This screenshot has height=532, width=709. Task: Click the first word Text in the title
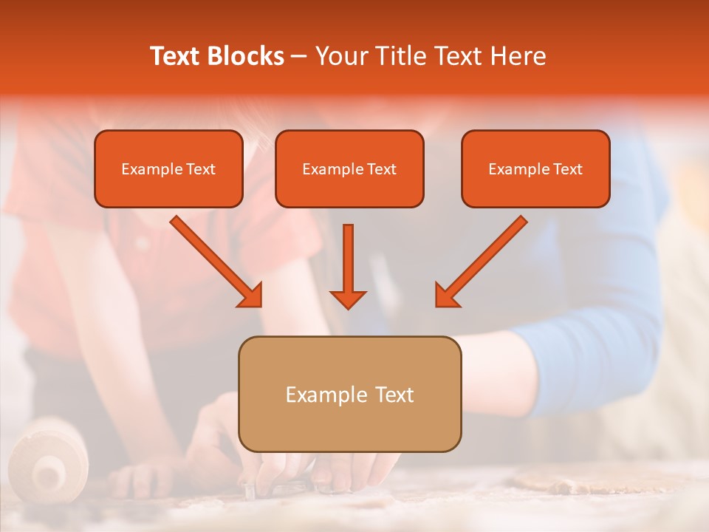(177, 56)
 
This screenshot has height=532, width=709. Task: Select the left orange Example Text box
(168, 168)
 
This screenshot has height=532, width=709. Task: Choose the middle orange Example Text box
(349, 168)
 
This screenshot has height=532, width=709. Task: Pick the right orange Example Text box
(535, 168)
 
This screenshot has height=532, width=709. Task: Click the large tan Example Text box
(349, 394)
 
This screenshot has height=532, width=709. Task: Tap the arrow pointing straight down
(348, 266)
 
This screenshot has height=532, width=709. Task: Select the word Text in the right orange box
(567, 169)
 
